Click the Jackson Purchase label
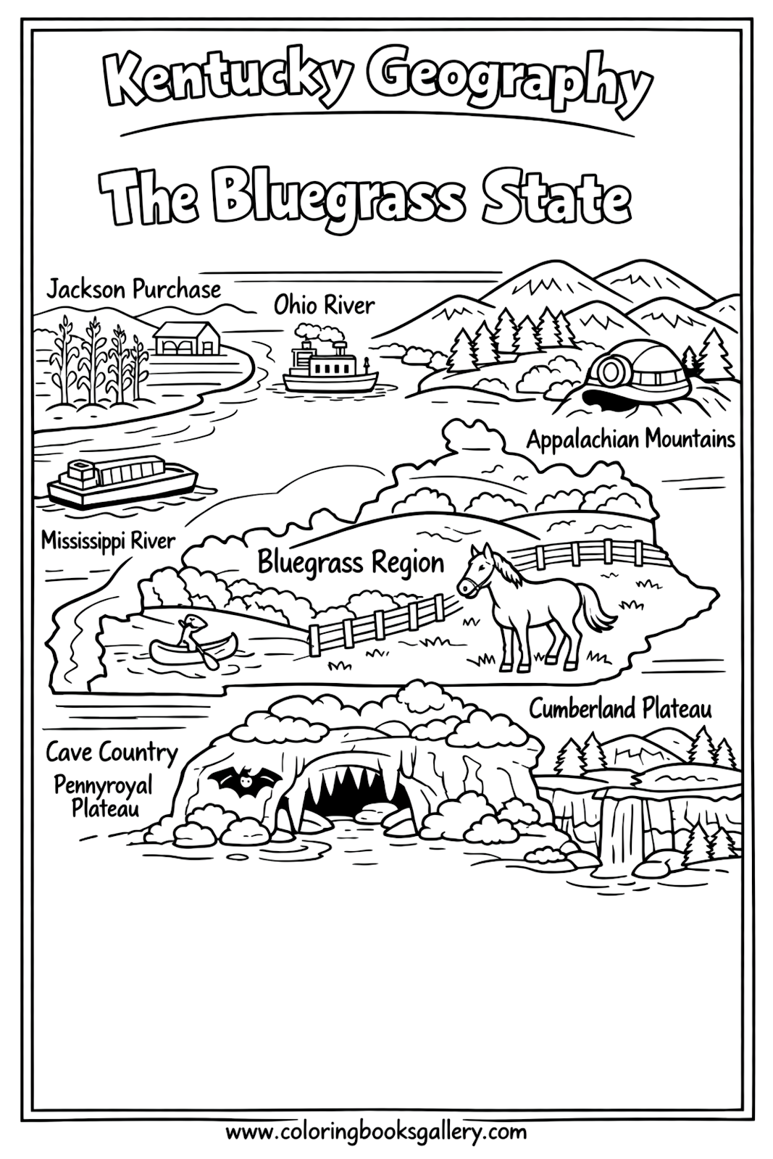coord(133,290)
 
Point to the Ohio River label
coord(324,305)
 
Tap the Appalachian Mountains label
coord(630,439)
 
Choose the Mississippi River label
coord(108,540)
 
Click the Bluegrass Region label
coord(351,563)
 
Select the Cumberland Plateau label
coord(620,708)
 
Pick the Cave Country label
coord(112,752)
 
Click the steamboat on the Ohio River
coord(330,362)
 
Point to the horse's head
coord(477,572)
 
